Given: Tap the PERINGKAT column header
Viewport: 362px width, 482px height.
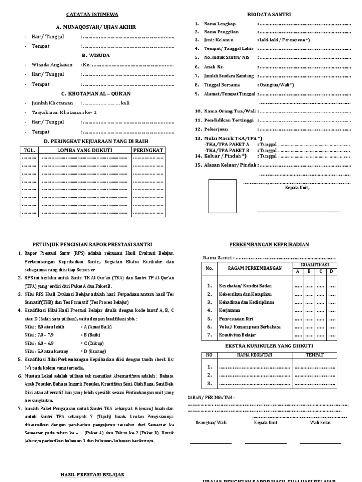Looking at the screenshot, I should [148, 150].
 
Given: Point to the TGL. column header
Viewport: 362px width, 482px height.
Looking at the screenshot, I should [29, 150].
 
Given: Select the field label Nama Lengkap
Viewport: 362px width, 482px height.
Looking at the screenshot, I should [220, 24].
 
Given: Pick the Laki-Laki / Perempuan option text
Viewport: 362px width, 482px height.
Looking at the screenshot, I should [284, 40].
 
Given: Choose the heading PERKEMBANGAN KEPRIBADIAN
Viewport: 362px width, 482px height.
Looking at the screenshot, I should [269, 245].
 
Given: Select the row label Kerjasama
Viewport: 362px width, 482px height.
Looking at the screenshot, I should [230, 311].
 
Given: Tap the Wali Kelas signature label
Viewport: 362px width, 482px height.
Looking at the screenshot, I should [320, 422].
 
